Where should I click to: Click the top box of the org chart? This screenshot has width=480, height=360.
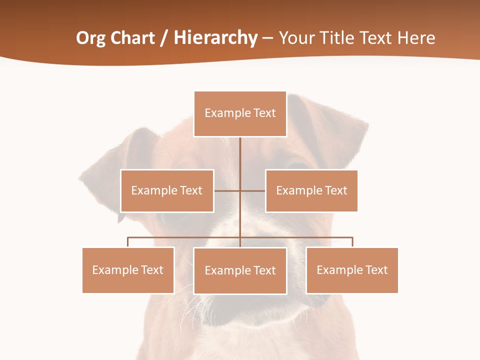point(240,113)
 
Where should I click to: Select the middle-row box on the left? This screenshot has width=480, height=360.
point(167,190)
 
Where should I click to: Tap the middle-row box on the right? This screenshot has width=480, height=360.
point(311,190)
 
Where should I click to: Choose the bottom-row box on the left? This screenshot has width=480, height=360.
point(128,270)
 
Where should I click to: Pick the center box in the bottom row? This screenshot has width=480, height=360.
point(240,270)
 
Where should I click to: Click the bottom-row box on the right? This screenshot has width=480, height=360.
point(352,270)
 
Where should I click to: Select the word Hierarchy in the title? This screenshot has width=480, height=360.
point(215,38)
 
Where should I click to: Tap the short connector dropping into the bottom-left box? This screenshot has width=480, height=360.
point(128,242)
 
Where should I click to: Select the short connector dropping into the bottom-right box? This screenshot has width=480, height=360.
point(352,242)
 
